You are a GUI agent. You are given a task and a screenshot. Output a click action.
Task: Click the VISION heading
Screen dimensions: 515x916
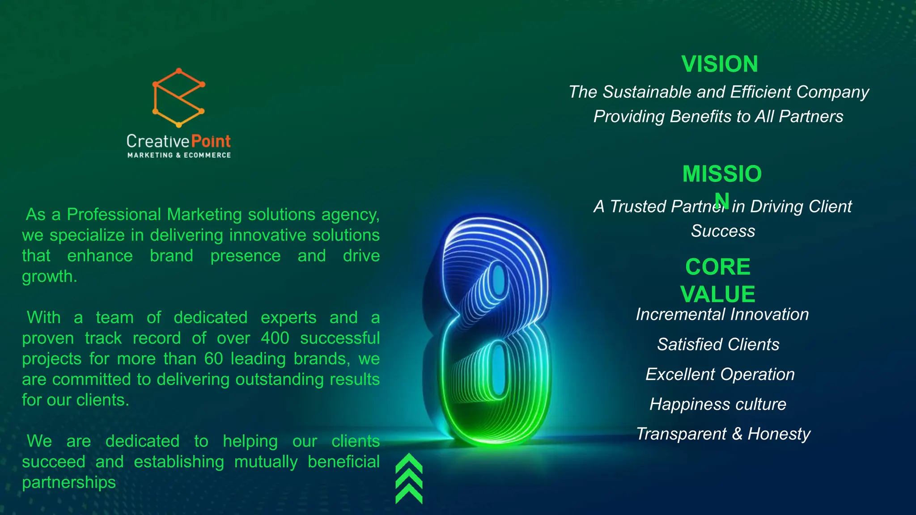pyautogui.click(x=720, y=64)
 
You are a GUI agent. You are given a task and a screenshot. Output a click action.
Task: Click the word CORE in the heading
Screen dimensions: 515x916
pyautogui.click(x=717, y=267)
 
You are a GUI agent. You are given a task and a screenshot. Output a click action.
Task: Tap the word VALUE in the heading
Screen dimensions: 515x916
pyautogui.click(x=717, y=294)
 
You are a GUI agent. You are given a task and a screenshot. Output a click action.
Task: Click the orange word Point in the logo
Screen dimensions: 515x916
pyautogui.click(x=211, y=141)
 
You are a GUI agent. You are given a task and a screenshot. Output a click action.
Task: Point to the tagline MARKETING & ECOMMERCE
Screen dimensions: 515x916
pyautogui.click(x=179, y=155)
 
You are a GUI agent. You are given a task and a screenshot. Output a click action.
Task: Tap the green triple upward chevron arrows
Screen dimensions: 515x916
pyautogui.click(x=409, y=478)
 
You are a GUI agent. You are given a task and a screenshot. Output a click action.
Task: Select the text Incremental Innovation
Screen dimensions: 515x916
pyautogui.click(x=722, y=314)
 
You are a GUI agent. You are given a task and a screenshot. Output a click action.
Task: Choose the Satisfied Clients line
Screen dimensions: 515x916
pyautogui.click(x=718, y=344)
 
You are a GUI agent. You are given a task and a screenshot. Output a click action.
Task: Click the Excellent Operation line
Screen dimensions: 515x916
pyautogui.click(x=720, y=374)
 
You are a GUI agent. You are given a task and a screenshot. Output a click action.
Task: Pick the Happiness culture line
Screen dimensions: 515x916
pyautogui.click(x=717, y=404)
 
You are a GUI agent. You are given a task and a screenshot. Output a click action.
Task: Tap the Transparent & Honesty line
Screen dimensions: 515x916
pyautogui.click(x=723, y=434)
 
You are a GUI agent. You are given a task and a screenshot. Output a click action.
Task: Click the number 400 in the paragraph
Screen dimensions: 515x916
pyautogui.click(x=275, y=338)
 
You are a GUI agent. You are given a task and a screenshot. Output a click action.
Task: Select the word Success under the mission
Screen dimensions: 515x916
pyautogui.click(x=723, y=231)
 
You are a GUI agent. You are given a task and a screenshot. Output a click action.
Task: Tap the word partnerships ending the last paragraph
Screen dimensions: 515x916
pyautogui.click(x=69, y=482)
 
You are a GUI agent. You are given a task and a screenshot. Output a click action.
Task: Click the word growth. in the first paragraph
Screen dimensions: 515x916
pyautogui.click(x=50, y=277)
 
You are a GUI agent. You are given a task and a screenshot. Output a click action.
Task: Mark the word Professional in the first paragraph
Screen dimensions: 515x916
pyautogui.click(x=114, y=215)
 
